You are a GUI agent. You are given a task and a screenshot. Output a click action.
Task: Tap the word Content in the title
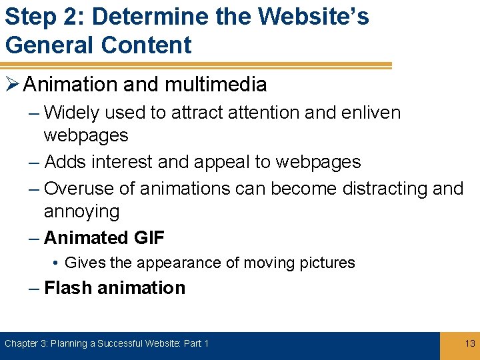click(146, 45)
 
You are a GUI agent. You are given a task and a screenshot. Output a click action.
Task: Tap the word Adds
click(65, 162)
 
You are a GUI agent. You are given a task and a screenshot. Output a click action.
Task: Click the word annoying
click(81, 212)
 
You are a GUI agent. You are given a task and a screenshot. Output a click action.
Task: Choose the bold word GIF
click(148, 237)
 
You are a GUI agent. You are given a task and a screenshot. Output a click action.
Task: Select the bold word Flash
click(68, 288)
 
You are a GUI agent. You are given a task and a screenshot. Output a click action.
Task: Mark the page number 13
click(469, 343)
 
